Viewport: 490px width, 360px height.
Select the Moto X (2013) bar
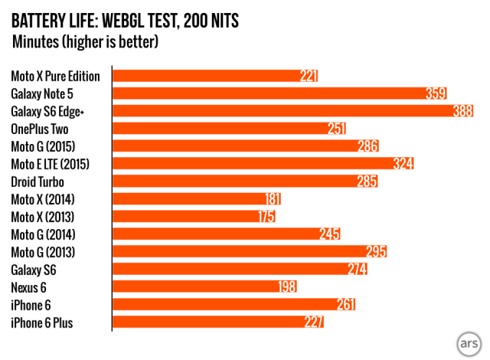pyautogui.click(x=191, y=217)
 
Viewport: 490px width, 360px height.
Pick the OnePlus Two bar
pyautogui.click(x=222, y=129)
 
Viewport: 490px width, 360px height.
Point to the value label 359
pyautogui.click(x=436, y=93)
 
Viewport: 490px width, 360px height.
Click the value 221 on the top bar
pyautogui.click(x=309, y=76)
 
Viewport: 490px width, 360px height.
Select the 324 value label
pyautogui.click(x=403, y=164)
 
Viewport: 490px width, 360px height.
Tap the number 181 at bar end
pyautogui.click(x=273, y=199)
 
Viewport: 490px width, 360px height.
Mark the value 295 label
pyautogui.click(x=376, y=252)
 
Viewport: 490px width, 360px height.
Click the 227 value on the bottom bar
pyautogui.click(x=314, y=322)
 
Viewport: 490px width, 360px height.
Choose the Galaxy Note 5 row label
pyautogui.click(x=41, y=93)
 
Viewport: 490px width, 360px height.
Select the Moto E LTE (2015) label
pyautogui.click(x=51, y=164)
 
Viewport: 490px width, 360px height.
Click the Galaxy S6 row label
pyautogui.click(x=34, y=270)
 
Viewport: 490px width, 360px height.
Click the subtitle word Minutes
pyautogui.click(x=37, y=41)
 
